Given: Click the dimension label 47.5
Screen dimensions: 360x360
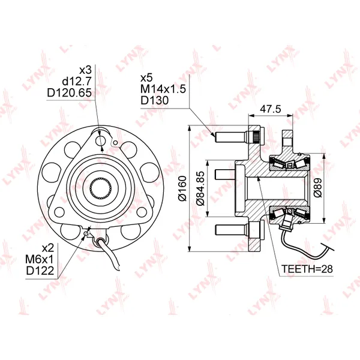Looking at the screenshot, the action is click(270, 109).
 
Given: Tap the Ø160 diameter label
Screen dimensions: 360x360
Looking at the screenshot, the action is click(183, 188).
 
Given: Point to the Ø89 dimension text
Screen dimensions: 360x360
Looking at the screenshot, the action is click(318, 188).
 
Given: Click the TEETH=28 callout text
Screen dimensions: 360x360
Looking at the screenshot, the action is click(307, 269).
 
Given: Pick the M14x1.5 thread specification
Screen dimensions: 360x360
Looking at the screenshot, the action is click(163, 89).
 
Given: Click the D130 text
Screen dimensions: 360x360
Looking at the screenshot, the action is click(155, 100).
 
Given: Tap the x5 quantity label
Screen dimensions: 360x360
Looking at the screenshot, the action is click(146, 78).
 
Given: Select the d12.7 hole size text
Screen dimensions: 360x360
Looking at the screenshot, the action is click(77, 81).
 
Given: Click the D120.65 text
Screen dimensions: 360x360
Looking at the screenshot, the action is click(70, 92).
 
